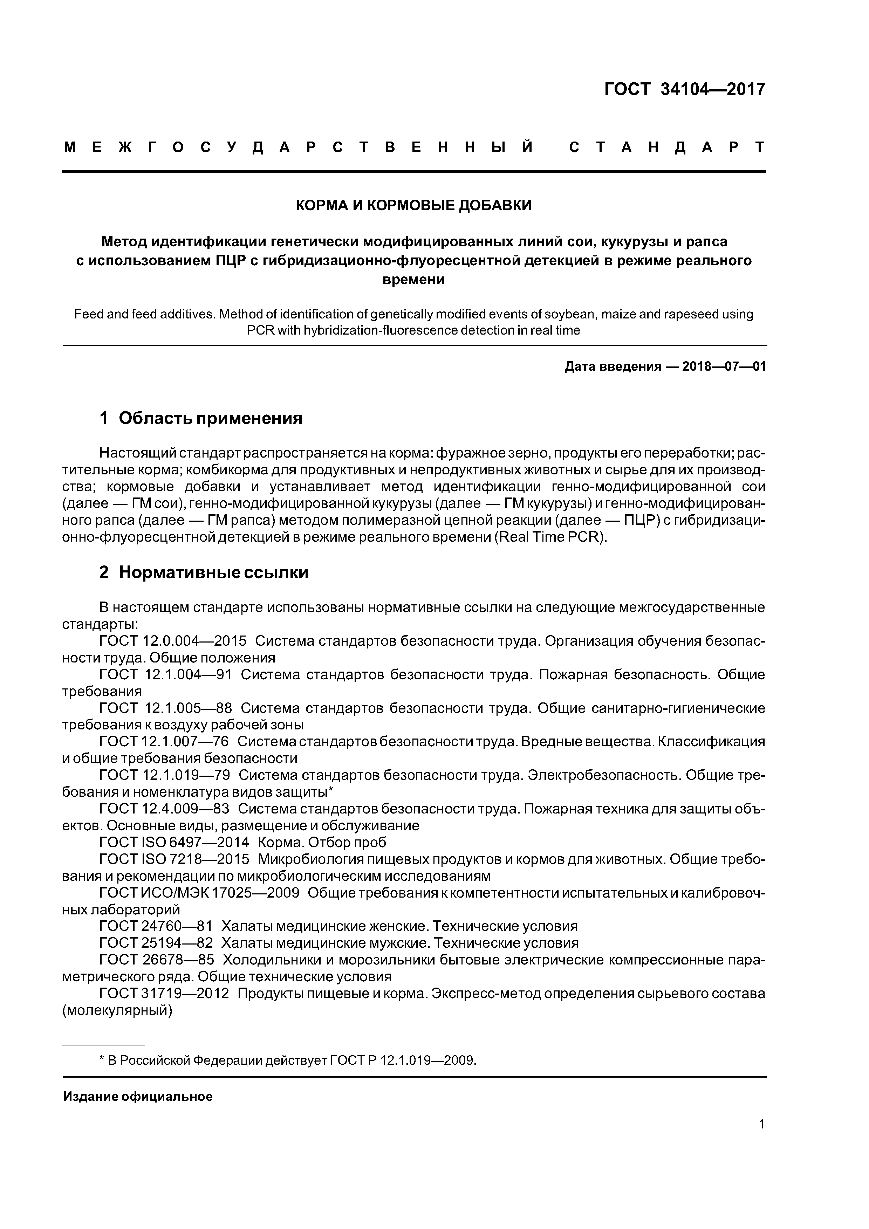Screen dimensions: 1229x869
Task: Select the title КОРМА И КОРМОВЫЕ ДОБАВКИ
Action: click(x=414, y=205)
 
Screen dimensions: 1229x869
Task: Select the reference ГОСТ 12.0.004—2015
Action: click(x=173, y=641)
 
